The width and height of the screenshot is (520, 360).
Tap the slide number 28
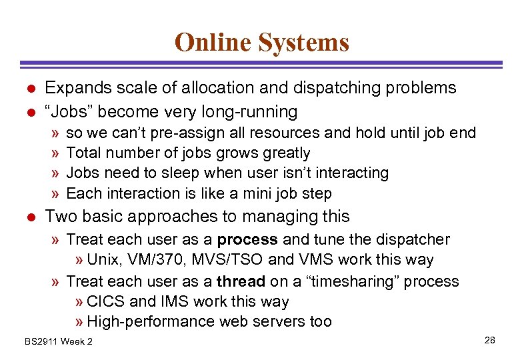click(x=490, y=341)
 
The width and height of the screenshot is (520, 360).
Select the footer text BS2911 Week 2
click(x=59, y=342)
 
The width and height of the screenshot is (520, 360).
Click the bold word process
click(x=247, y=239)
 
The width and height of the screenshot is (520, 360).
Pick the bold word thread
click(x=241, y=281)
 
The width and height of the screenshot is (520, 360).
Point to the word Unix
click(x=101, y=260)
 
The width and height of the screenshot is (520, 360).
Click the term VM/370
click(x=151, y=260)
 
